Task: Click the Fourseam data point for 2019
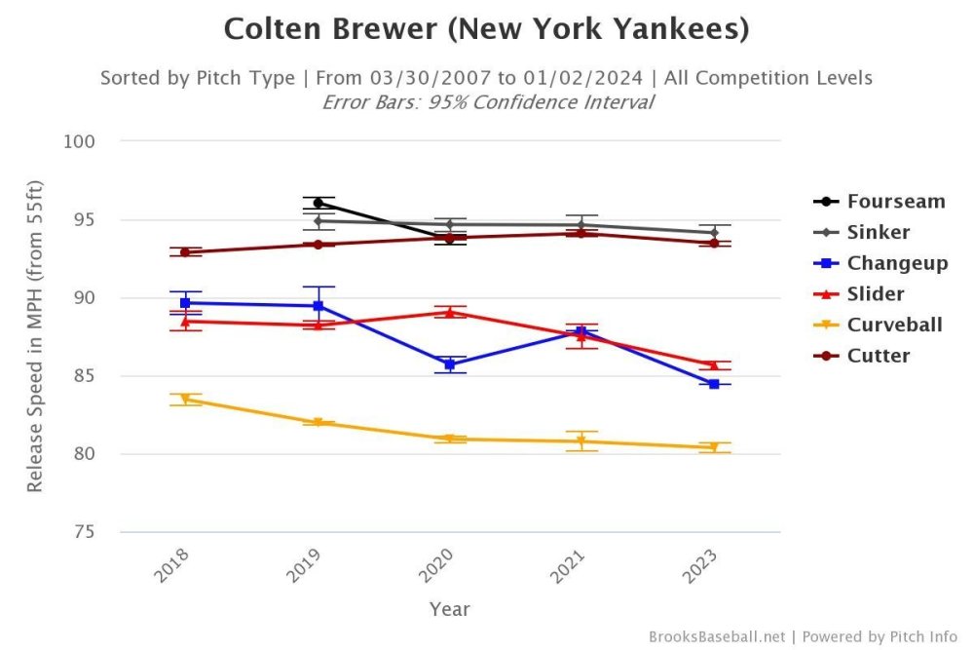pos(318,203)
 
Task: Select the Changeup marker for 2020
pos(450,364)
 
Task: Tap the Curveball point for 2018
pos(185,400)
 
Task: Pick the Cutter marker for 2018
pos(185,252)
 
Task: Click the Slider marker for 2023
pos(714,364)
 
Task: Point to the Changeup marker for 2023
pos(714,384)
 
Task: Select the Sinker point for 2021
pos(581,225)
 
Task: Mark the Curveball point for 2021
pos(581,441)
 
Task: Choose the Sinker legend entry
pos(878,233)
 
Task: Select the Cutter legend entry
pos(878,356)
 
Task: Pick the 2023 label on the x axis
pos(701,565)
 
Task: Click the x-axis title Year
pos(450,609)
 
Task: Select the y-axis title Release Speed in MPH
pos(35,336)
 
